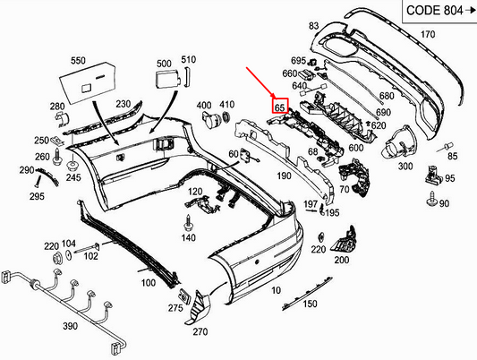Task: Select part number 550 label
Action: (78, 61)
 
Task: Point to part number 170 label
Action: (427, 35)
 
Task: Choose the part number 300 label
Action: (405, 167)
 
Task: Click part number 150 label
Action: (310, 304)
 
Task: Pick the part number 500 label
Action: (163, 64)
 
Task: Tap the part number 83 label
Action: (314, 28)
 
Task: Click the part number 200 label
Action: (342, 260)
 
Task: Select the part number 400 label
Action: (203, 106)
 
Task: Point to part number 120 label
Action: (194, 193)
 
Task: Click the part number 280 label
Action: (58, 107)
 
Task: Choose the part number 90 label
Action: (445, 204)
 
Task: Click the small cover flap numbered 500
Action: (167, 81)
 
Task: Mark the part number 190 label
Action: (283, 176)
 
